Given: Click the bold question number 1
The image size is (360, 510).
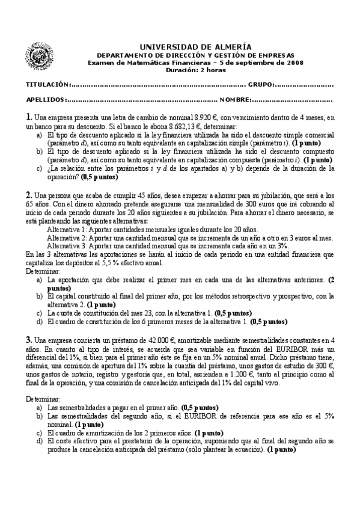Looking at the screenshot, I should click(x=28, y=117).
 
